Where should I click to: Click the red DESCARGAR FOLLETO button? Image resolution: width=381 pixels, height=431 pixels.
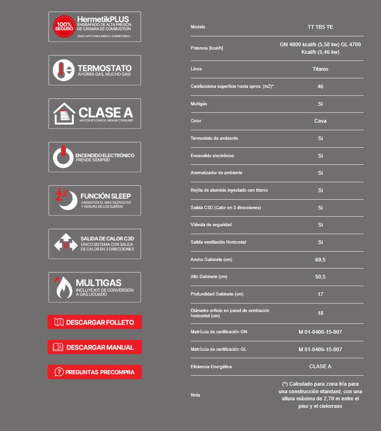(x=94, y=322)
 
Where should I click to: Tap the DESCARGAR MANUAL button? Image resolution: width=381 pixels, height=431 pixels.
(x=94, y=347)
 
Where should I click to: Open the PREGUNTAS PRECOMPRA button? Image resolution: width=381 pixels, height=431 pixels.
(x=94, y=372)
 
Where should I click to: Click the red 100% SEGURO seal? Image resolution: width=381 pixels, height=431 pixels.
(x=63, y=26)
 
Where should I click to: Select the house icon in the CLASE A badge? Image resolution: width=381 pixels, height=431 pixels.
(x=64, y=114)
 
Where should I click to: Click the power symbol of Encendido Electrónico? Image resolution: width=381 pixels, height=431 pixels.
(x=63, y=157)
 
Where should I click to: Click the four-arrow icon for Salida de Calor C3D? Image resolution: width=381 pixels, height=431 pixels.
(x=65, y=244)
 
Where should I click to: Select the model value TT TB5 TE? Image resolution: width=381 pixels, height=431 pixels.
(x=320, y=27)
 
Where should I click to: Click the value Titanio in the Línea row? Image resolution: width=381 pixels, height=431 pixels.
(x=320, y=69)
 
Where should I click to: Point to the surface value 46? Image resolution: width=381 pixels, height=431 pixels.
(x=320, y=86)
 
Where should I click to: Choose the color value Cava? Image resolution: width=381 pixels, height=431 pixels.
(x=320, y=121)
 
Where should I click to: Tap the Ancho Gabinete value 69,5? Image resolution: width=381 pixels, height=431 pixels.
(x=320, y=260)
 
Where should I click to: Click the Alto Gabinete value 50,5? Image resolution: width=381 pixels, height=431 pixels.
(x=320, y=277)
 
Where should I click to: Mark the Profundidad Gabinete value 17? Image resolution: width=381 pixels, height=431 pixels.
(x=320, y=294)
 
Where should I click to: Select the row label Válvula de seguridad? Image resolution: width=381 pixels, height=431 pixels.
(x=211, y=225)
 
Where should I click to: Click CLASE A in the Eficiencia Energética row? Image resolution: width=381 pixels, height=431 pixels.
(x=320, y=366)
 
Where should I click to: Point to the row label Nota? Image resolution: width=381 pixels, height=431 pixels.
(x=195, y=395)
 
